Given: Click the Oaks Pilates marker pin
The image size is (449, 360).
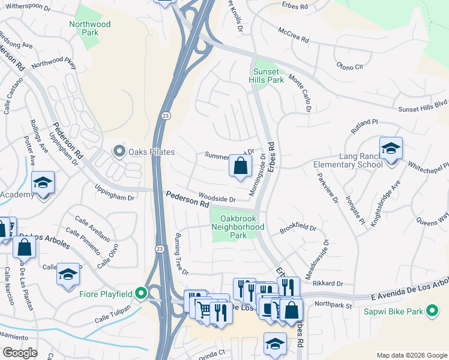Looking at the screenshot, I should pyautogui.click(x=119, y=151).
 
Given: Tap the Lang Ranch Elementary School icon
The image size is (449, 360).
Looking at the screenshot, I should pyautogui.click(x=391, y=148).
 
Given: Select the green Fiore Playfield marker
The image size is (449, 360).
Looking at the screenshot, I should pyautogui.click(x=141, y=293).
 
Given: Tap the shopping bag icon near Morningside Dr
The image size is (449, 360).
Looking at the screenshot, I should pyautogui.click(x=240, y=166).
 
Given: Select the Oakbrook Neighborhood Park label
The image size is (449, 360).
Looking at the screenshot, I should pyautogui.click(x=238, y=227).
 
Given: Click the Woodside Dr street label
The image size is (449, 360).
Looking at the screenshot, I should pyautogui.click(x=216, y=199).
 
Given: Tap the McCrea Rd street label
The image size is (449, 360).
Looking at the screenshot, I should pyautogui.click(x=293, y=35).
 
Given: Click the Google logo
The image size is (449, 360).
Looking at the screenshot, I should pyautogui.click(x=20, y=353).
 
